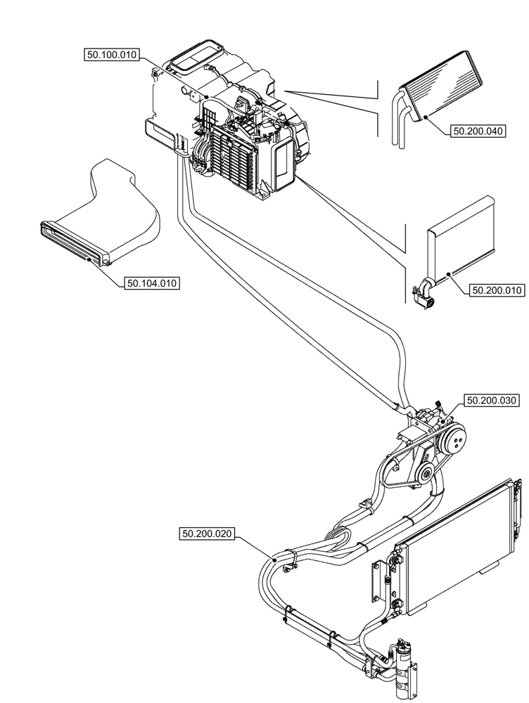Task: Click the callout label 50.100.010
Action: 113,54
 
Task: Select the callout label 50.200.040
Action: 478,130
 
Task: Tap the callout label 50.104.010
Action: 152,283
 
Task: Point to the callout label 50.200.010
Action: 497,289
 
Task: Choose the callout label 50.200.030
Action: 490,401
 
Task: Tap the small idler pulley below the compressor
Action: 424,476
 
